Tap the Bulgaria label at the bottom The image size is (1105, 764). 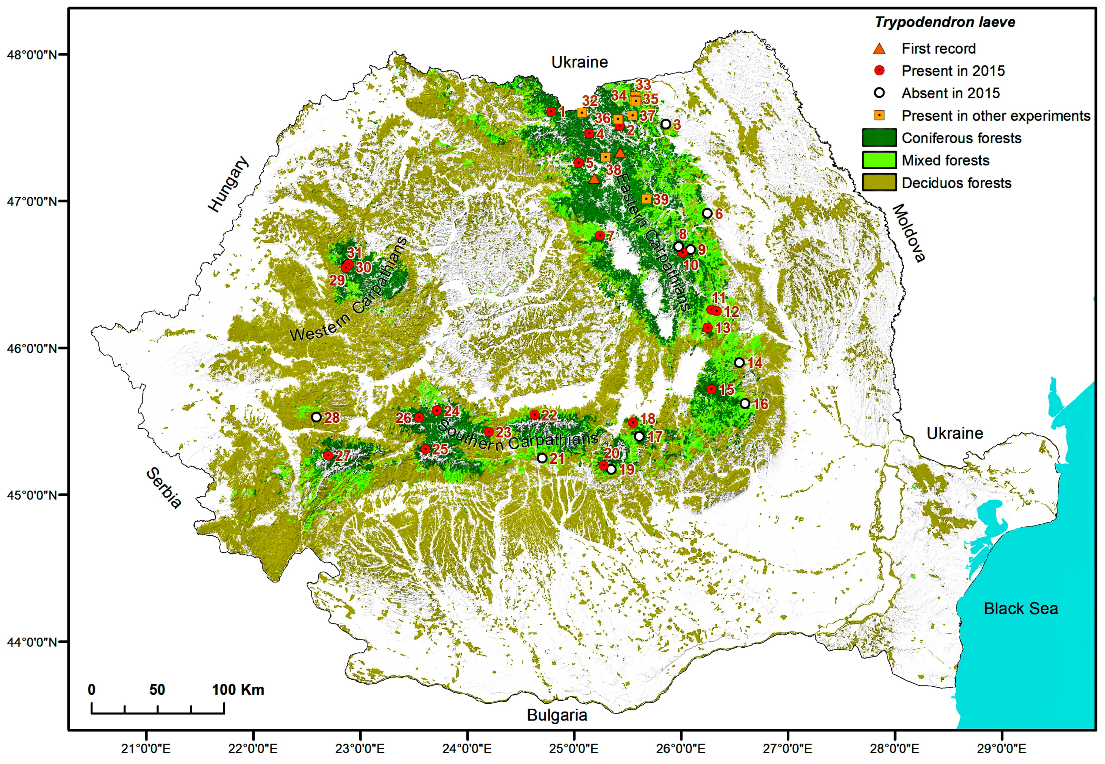pyautogui.click(x=556, y=715)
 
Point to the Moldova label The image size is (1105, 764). pyautogui.click(x=908, y=233)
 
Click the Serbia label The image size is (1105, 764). pyautogui.click(x=164, y=488)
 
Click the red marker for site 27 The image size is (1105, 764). pyautogui.click(x=328, y=455)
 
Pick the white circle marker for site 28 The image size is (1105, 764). pyautogui.click(x=316, y=417)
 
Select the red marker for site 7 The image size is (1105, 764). pyautogui.click(x=600, y=236)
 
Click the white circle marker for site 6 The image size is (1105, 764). pyautogui.click(x=707, y=213)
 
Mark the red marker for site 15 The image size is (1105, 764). pyautogui.click(x=711, y=389)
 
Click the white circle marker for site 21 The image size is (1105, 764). pyautogui.click(x=542, y=458)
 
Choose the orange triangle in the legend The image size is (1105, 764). pyautogui.click(x=879, y=48)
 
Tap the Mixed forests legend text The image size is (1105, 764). pyautogui.click(x=945, y=160)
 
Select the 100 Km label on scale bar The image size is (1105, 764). pyautogui.click(x=238, y=690)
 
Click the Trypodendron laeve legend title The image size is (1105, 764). pyautogui.click(x=945, y=22)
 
